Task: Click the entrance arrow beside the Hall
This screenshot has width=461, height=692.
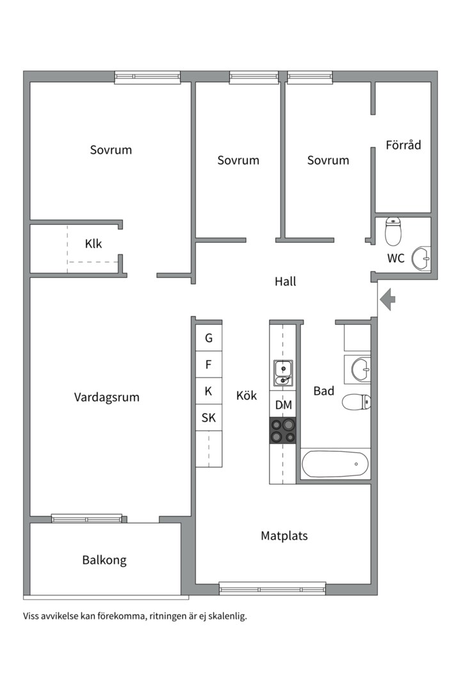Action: [x=388, y=300]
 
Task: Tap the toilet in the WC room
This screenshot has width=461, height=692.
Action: [x=393, y=231]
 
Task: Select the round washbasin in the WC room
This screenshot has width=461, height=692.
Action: [x=421, y=258]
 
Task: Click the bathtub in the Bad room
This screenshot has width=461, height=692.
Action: [x=336, y=463]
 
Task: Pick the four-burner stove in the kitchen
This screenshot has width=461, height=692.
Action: [x=283, y=430]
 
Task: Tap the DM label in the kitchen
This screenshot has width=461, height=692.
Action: [x=283, y=405]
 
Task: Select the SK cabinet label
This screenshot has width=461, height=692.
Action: [x=209, y=418]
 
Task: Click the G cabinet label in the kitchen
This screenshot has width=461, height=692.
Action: [x=209, y=338]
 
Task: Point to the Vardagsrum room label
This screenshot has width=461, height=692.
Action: [x=106, y=397]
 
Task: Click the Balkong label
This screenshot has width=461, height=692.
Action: [x=104, y=560]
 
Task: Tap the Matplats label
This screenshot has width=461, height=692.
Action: [x=284, y=536]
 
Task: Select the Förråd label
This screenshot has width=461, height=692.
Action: [x=403, y=145]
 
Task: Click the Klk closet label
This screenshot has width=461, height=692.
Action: [x=93, y=243]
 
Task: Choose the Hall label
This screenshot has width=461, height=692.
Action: [x=285, y=281]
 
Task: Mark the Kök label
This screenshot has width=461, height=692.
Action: [x=247, y=396]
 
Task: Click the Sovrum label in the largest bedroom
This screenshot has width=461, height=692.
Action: [x=111, y=150]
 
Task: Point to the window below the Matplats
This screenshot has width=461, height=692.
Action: [x=272, y=588]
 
